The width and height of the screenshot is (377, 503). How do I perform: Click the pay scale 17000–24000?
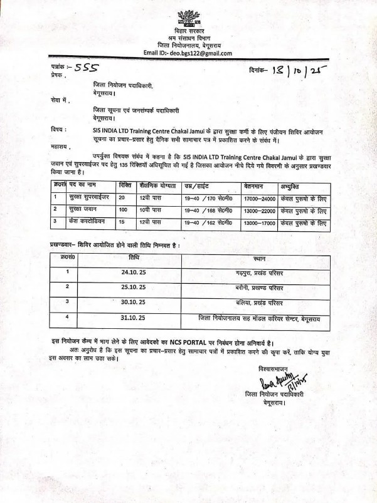tap(259, 199)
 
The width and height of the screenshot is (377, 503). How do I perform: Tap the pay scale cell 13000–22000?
tap(259, 210)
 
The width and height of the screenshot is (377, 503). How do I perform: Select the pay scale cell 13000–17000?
tap(259, 222)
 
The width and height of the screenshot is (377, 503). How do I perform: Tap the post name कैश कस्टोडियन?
tap(87, 222)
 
